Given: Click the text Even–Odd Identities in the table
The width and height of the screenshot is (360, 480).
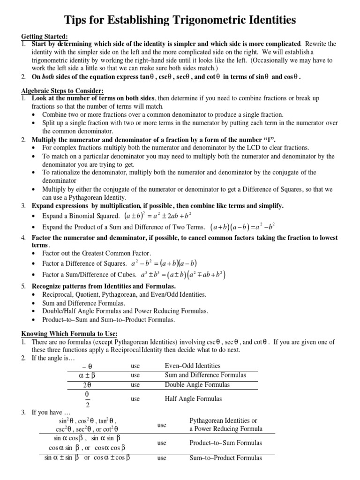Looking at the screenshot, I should point(193,366).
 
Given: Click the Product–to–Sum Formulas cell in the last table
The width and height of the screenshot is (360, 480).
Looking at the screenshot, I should point(225,442).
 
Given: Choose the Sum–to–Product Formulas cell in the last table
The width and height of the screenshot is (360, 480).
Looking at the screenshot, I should point(225,458).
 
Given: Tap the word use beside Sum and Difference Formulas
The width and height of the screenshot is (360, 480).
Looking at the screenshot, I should point(135,375).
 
